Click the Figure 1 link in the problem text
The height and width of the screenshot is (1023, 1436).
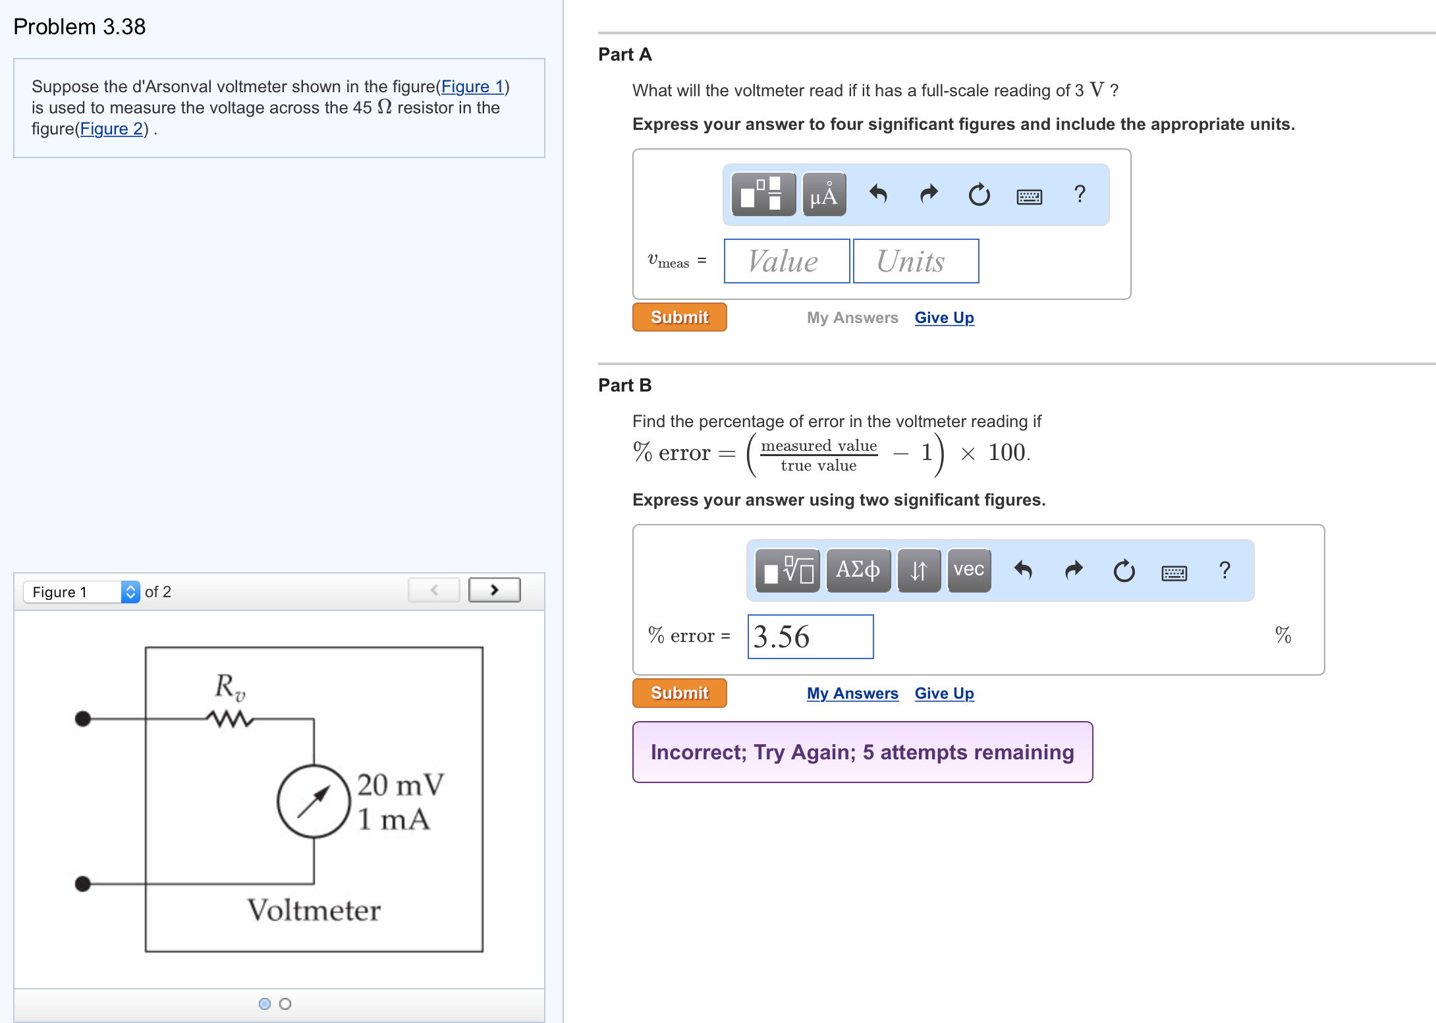[472, 87]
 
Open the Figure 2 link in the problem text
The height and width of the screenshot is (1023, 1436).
[111, 129]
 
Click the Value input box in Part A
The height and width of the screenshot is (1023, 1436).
[787, 262]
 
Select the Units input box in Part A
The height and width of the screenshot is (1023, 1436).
[916, 262]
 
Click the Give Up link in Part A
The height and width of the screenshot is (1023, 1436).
[944, 318]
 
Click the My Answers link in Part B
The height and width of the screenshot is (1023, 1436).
[852, 693]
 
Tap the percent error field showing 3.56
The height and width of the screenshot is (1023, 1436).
[810, 637]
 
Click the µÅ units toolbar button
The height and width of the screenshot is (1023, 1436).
[824, 195]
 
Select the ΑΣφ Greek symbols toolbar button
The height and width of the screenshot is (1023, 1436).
[858, 570]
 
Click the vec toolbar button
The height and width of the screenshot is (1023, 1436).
[968, 570]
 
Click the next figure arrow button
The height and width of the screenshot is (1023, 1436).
[494, 590]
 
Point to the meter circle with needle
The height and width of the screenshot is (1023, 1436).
[314, 802]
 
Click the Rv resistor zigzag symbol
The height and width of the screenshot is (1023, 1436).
[230, 718]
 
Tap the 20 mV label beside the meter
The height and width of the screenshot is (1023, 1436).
[400, 785]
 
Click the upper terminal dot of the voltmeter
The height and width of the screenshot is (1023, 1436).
[83, 718]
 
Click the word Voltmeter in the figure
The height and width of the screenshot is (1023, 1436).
[314, 910]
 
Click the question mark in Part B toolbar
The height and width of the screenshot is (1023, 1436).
[1224, 570]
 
